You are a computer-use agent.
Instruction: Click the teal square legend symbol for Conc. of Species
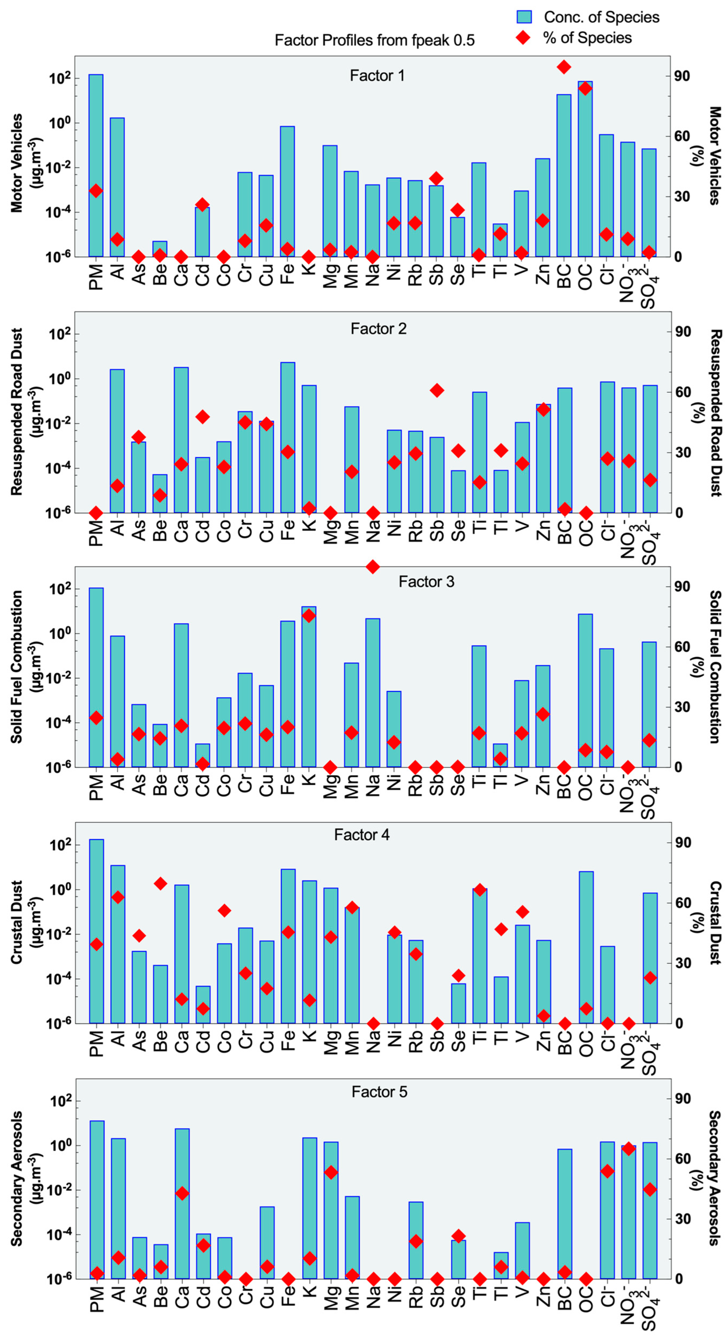(x=524, y=17)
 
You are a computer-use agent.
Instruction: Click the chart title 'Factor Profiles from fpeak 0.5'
(x=374, y=40)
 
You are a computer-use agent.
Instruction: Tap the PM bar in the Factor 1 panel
(x=96, y=166)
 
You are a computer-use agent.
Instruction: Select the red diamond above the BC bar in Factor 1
(x=564, y=67)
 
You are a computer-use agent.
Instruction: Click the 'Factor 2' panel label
(x=378, y=329)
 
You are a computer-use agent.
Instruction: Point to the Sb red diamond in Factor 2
(x=437, y=391)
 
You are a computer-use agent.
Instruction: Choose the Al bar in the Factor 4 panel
(x=118, y=944)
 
